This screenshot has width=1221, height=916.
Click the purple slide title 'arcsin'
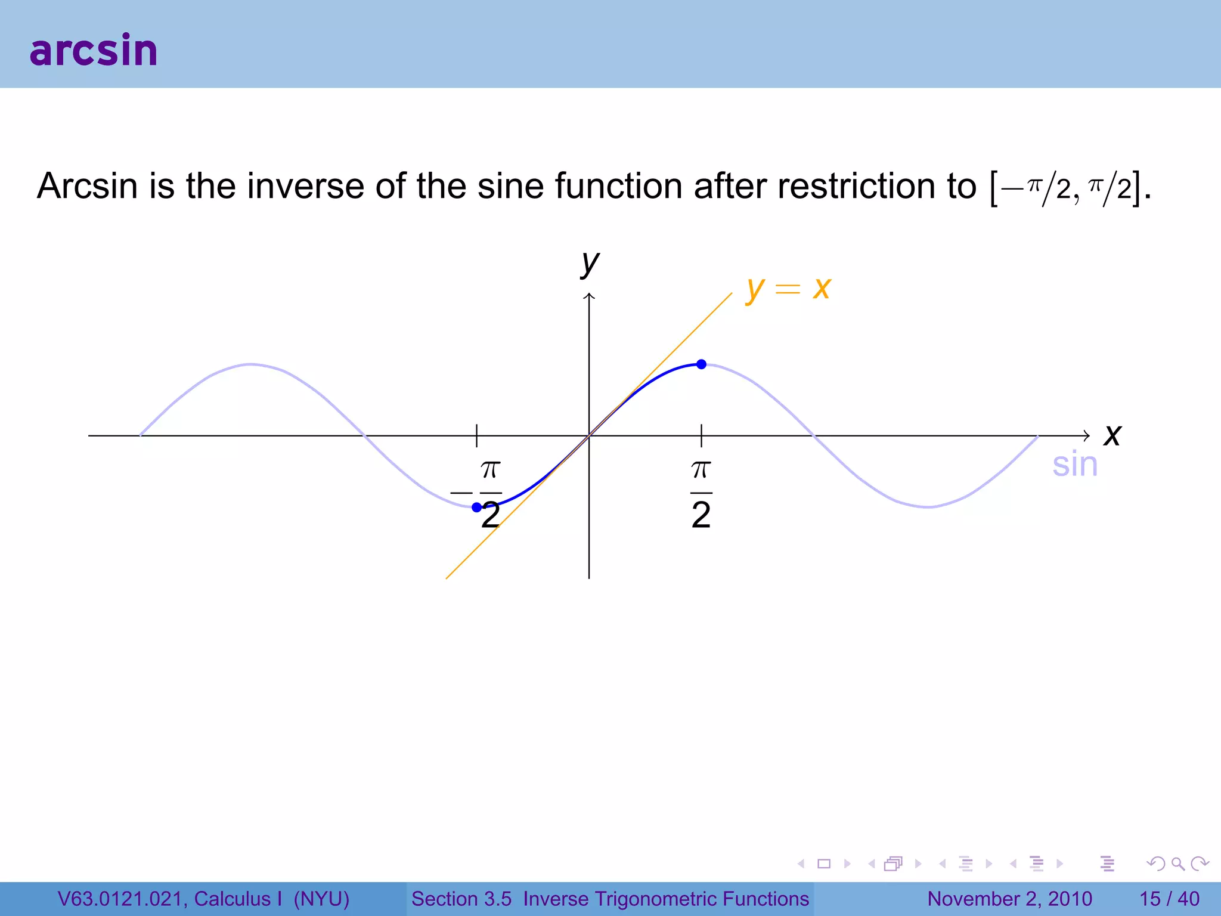94,50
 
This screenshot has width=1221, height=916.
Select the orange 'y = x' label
788,289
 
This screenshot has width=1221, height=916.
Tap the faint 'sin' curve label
1074,465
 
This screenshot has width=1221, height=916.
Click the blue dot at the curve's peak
702,364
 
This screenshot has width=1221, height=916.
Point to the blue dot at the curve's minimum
476,507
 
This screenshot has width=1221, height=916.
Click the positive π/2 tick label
701,493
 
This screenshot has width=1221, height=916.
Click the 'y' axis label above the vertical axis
590,262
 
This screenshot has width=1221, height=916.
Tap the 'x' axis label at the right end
1112,435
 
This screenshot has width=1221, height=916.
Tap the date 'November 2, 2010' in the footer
1009,899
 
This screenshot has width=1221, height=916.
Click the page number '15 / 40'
1169,899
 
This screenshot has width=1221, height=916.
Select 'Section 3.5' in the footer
461,899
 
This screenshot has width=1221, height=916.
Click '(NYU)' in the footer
321,899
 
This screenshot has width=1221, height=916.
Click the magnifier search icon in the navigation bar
1177,864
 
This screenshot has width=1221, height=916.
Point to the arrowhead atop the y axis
589,296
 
